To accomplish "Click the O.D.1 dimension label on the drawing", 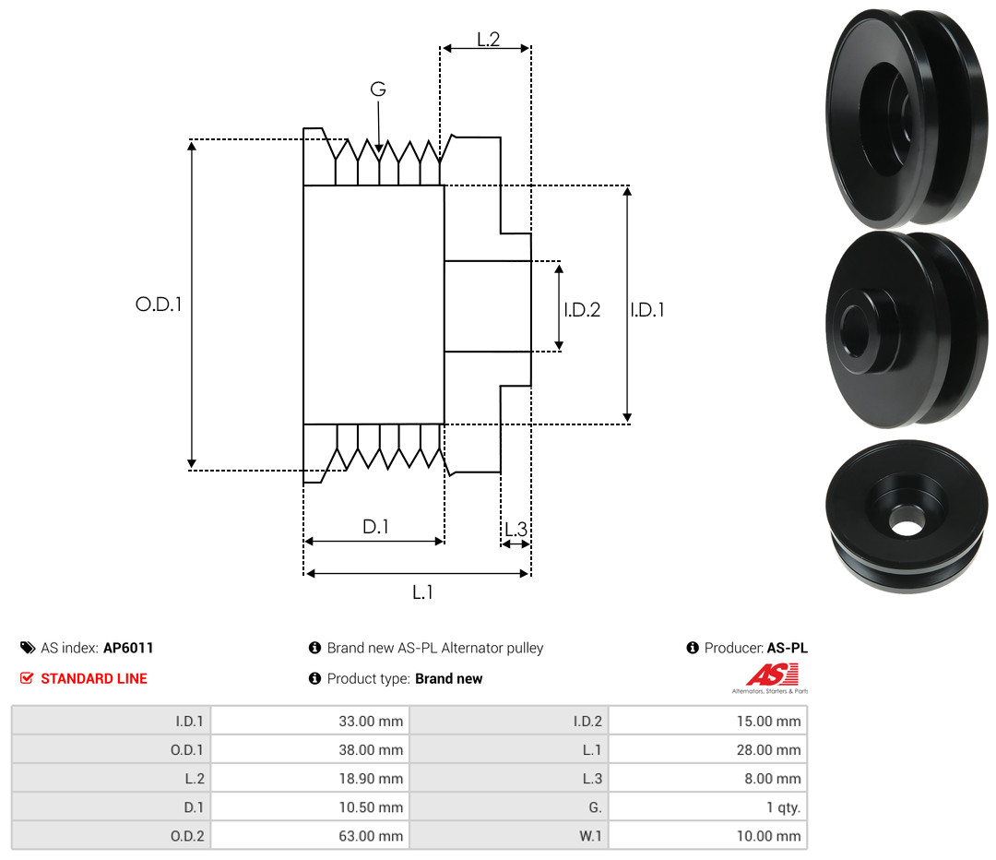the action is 159,305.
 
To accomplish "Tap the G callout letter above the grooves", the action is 378,89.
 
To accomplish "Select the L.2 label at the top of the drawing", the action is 489,40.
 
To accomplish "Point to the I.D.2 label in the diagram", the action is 582,309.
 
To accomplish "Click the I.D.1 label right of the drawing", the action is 647,309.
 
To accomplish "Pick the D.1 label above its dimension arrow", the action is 375,526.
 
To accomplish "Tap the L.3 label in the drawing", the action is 516,529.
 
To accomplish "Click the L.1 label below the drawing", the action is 422,592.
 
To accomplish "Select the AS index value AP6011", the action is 128,648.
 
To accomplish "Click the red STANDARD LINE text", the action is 94,679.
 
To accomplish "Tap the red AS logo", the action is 772,675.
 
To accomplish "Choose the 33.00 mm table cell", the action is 371,722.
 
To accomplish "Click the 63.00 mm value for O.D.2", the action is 371,836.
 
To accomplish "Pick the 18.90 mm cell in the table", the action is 371,779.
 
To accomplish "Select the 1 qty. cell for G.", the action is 783,807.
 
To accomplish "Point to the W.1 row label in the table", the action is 590,836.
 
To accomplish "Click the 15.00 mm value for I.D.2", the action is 768,722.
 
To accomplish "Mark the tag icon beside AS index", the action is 28,648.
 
